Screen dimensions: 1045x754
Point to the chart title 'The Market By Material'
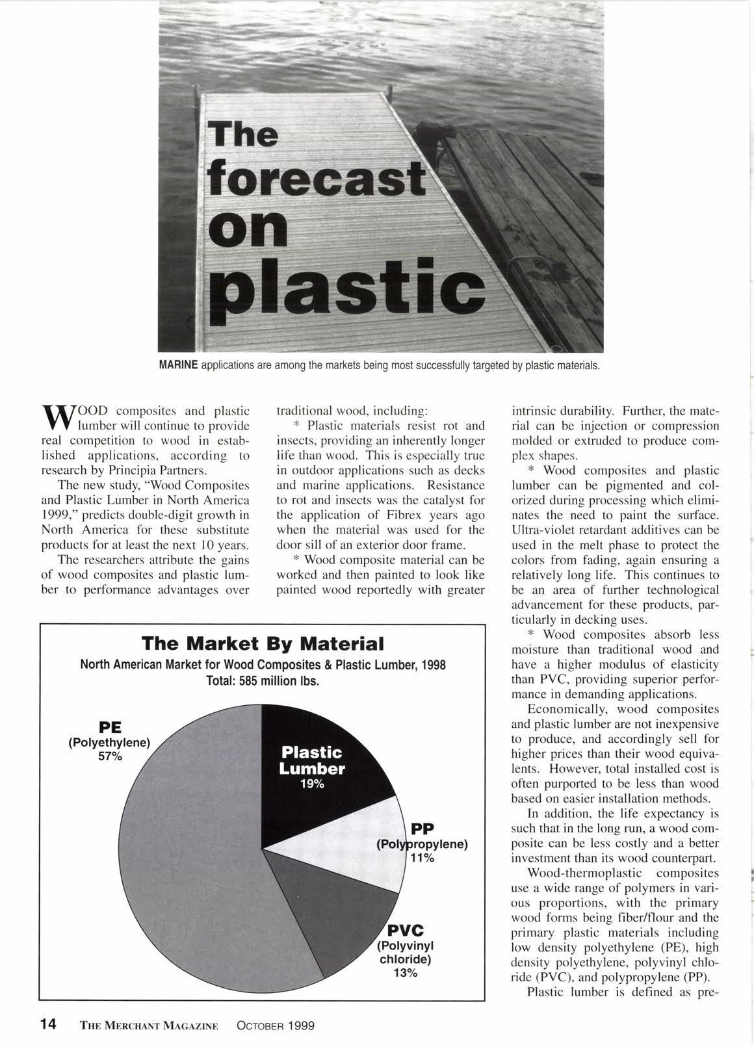pos(263,644)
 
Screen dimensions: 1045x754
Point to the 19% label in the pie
pos(312,784)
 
